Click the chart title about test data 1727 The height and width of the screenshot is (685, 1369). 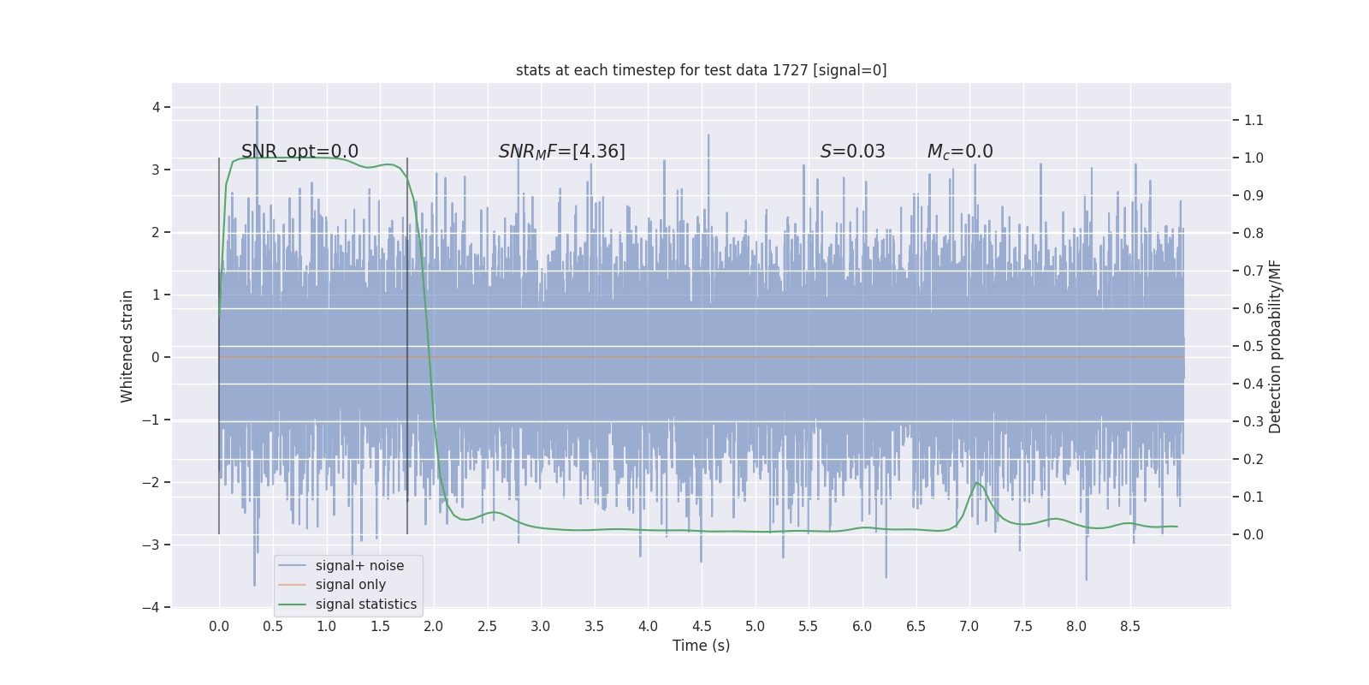pos(701,70)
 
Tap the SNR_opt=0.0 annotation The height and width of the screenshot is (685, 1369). pos(299,152)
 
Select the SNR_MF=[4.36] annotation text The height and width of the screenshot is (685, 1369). pos(561,152)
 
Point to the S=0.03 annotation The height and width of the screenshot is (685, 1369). pos(852,152)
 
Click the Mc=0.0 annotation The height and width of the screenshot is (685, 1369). pos(960,152)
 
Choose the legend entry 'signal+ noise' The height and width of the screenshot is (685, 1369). pos(359,566)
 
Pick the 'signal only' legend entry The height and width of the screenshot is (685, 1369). pos(350,585)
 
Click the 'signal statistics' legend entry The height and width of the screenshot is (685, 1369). pos(365,605)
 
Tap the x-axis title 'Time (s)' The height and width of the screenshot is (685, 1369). pos(701,646)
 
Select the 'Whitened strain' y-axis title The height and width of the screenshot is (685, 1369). pos(127,346)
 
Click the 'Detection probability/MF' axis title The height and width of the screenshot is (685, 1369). pos(1275,346)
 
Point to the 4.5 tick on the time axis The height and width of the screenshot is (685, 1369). pos(702,626)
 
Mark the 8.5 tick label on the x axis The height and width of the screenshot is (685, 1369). pos(1129,626)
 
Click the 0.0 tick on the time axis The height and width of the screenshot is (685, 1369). pos(219,626)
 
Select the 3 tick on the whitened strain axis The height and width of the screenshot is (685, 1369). pos(156,170)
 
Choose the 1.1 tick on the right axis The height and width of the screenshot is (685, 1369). pos(1253,120)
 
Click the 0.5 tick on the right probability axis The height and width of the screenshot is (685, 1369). pos(1253,346)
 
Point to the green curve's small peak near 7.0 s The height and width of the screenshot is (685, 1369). pos(976,483)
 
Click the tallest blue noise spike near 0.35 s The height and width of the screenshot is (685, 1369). pos(257,108)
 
